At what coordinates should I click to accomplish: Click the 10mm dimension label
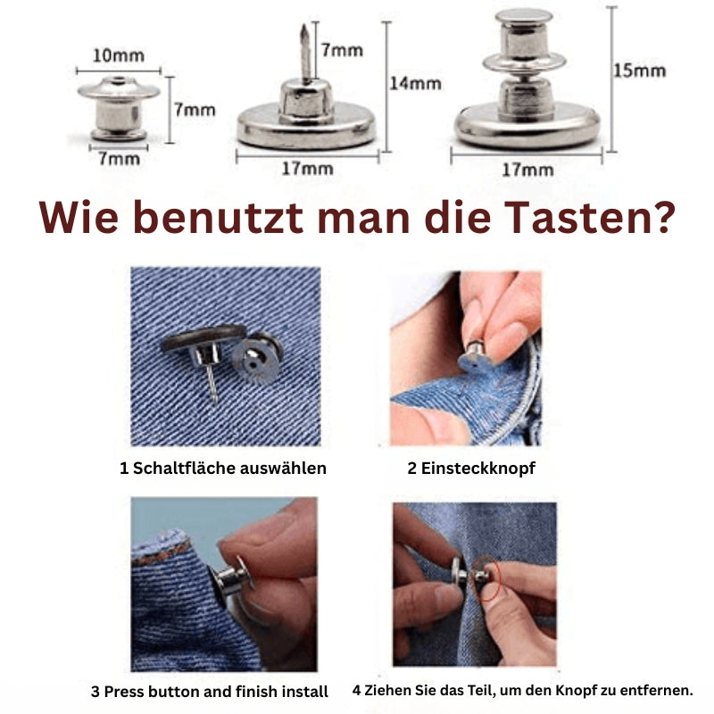tap(118, 55)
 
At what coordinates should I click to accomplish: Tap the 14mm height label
tap(414, 83)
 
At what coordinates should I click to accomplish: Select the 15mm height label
tap(639, 71)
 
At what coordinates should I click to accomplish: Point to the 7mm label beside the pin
tap(342, 49)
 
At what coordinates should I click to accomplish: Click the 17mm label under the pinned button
tap(307, 168)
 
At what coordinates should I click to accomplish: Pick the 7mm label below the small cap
tap(119, 158)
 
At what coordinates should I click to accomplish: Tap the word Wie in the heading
tap(78, 218)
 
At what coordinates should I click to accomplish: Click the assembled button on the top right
tap(526, 85)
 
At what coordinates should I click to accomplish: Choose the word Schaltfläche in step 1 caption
tap(184, 468)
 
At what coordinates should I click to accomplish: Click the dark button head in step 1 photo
tap(203, 343)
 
